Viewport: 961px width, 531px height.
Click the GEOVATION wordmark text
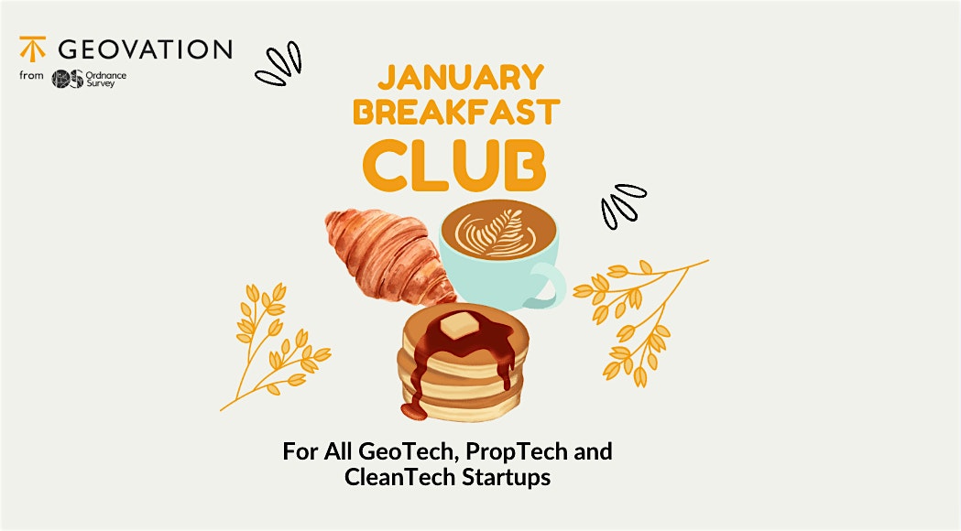pos(144,49)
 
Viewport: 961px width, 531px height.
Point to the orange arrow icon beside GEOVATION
pos(32,48)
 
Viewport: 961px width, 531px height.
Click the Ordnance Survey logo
pos(90,79)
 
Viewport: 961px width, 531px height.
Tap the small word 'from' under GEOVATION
pos(30,76)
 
